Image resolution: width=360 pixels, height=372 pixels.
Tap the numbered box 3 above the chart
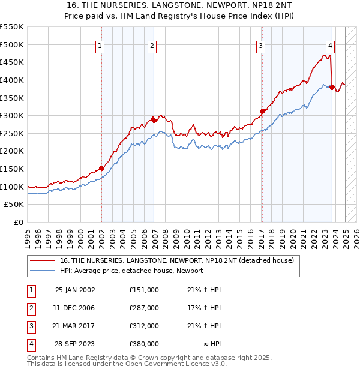point(261,45)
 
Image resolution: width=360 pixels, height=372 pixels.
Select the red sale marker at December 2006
point(154,120)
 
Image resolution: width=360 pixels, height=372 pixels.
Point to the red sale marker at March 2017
point(262,111)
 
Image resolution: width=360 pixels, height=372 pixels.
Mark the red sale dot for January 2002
point(101,168)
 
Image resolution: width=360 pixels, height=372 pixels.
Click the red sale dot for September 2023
point(332,87)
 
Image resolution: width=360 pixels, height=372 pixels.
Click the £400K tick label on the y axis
point(12,80)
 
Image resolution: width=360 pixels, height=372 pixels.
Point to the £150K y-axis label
point(12,169)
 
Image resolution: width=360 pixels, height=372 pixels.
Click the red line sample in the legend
point(43,261)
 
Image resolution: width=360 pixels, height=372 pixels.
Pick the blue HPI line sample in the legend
point(43,271)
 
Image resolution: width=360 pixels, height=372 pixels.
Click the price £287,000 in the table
point(144,308)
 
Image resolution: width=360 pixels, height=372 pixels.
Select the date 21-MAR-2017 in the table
point(75,326)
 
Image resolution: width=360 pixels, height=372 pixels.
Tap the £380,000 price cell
point(144,344)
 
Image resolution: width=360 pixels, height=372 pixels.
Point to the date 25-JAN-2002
point(75,290)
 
